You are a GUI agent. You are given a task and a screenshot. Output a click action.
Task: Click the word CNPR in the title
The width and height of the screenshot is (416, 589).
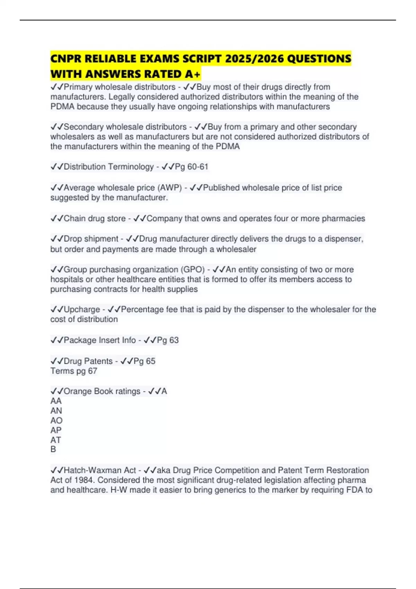tap(66, 59)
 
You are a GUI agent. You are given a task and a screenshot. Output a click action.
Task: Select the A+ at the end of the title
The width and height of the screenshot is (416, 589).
tap(192, 74)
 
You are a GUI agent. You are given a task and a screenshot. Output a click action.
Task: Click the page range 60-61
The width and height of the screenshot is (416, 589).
tap(198, 167)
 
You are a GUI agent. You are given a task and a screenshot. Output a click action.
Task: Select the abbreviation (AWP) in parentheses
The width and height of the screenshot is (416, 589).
tap(170, 188)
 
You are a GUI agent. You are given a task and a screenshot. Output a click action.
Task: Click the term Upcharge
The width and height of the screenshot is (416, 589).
tap(82, 309)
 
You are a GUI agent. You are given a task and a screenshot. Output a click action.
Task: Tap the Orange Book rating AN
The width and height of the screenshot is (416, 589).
tap(56, 411)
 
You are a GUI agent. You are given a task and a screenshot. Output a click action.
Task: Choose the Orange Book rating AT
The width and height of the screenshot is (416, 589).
tap(56, 440)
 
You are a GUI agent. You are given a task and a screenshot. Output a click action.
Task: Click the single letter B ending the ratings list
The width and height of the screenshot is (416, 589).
tap(53, 449)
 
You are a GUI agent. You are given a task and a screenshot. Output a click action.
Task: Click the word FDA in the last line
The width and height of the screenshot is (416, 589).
tap(354, 490)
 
